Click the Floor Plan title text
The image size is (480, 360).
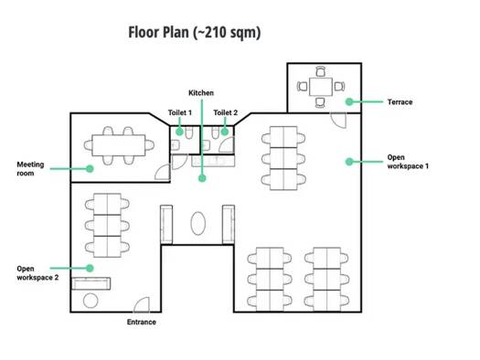point(195,33)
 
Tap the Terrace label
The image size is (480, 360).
point(400,101)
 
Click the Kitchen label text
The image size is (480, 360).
point(201,92)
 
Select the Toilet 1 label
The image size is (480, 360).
point(180,112)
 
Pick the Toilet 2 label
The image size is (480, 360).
point(225,112)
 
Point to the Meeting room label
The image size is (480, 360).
point(30,169)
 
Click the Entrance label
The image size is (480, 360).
point(142,322)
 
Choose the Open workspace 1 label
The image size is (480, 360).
point(408,162)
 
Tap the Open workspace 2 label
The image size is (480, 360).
point(37,273)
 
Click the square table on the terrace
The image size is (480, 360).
point(321,87)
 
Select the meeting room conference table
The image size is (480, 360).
point(119,145)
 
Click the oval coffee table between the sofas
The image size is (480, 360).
point(197,223)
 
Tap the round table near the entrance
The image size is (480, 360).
point(91,301)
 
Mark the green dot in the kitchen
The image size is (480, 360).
point(202,178)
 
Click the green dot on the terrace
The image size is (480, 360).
point(349,101)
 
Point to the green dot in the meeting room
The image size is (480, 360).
point(90,168)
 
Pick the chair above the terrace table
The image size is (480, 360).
point(321,71)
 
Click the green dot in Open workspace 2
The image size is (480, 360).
point(90,269)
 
